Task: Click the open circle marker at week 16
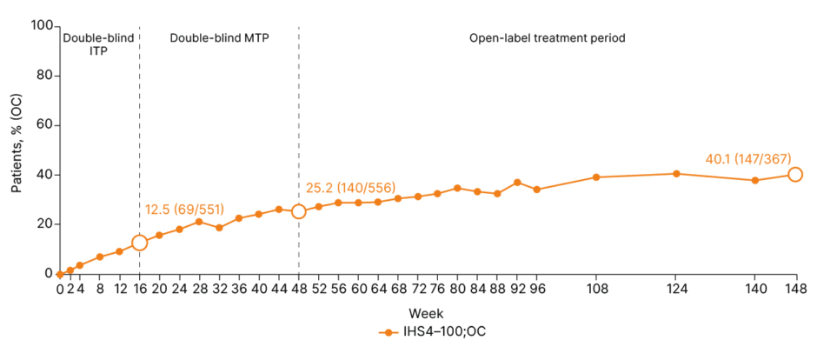click(x=139, y=243)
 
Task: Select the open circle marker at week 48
click(x=298, y=211)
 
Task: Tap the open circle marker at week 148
click(x=794, y=174)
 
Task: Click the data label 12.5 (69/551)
click(x=184, y=209)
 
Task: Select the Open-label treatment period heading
click(x=548, y=38)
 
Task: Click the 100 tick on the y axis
click(x=42, y=26)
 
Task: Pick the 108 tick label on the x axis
click(x=596, y=289)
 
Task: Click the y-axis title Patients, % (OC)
click(x=17, y=150)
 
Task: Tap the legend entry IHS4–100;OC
click(x=437, y=332)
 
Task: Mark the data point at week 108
click(x=596, y=177)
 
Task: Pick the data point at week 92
click(x=517, y=183)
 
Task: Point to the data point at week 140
click(x=754, y=180)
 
